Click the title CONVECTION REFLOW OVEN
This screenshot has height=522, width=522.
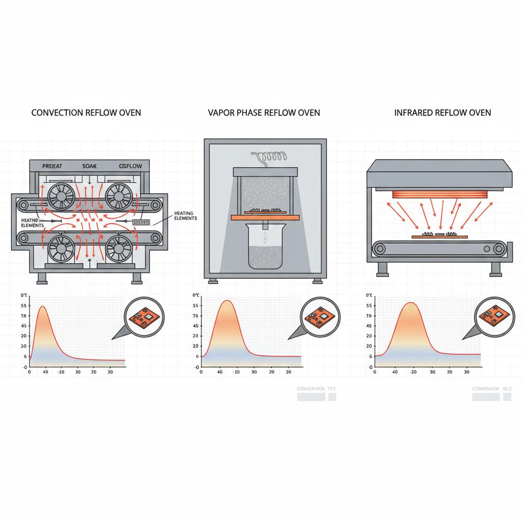point(86,112)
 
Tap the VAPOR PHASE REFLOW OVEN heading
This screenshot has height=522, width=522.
point(264,112)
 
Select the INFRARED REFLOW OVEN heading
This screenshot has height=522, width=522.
point(442,112)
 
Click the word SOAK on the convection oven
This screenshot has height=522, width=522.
point(89,166)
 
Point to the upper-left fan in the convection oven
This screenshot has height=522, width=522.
point(57,196)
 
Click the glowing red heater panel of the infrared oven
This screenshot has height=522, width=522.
point(439,194)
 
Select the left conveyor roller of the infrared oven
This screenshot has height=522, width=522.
point(380,249)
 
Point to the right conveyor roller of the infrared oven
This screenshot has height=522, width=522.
point(498,249)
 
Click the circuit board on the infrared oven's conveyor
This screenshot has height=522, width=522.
point(439,236)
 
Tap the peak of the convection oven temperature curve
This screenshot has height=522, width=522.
point(42,306)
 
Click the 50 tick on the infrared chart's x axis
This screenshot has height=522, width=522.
point(433,373)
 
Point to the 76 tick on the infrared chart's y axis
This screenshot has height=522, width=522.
point(368,316)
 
